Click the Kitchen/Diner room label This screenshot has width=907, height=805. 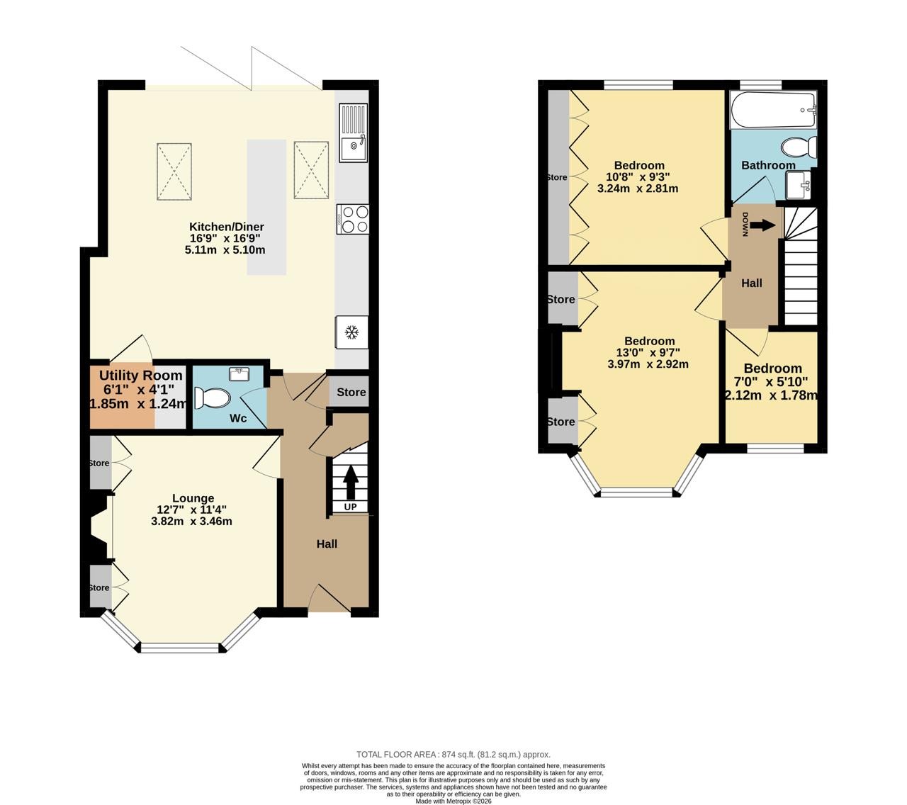pos(226,227)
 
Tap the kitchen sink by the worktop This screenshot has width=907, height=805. pos(353,133)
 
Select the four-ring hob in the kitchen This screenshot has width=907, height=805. pos(353,219)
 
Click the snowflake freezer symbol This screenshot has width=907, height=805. pos(352,332)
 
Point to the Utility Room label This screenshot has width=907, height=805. pos(140,375)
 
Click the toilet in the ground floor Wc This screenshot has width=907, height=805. pos(212,398)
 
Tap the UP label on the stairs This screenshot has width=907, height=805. pos(350,507)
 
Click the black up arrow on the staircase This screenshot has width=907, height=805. pos(351,482)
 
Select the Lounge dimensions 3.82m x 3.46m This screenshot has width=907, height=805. pos(191,521)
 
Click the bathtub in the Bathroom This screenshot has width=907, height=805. pos(774,110)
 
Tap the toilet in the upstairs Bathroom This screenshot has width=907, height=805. pos(799,147)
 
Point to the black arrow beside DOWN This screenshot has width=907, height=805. pos(762,225)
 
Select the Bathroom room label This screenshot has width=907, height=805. pos(768,165)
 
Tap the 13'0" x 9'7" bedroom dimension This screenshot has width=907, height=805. pos(649,352)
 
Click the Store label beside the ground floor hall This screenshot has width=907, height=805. pos(351,392)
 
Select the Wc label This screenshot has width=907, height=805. pos(237,418)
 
